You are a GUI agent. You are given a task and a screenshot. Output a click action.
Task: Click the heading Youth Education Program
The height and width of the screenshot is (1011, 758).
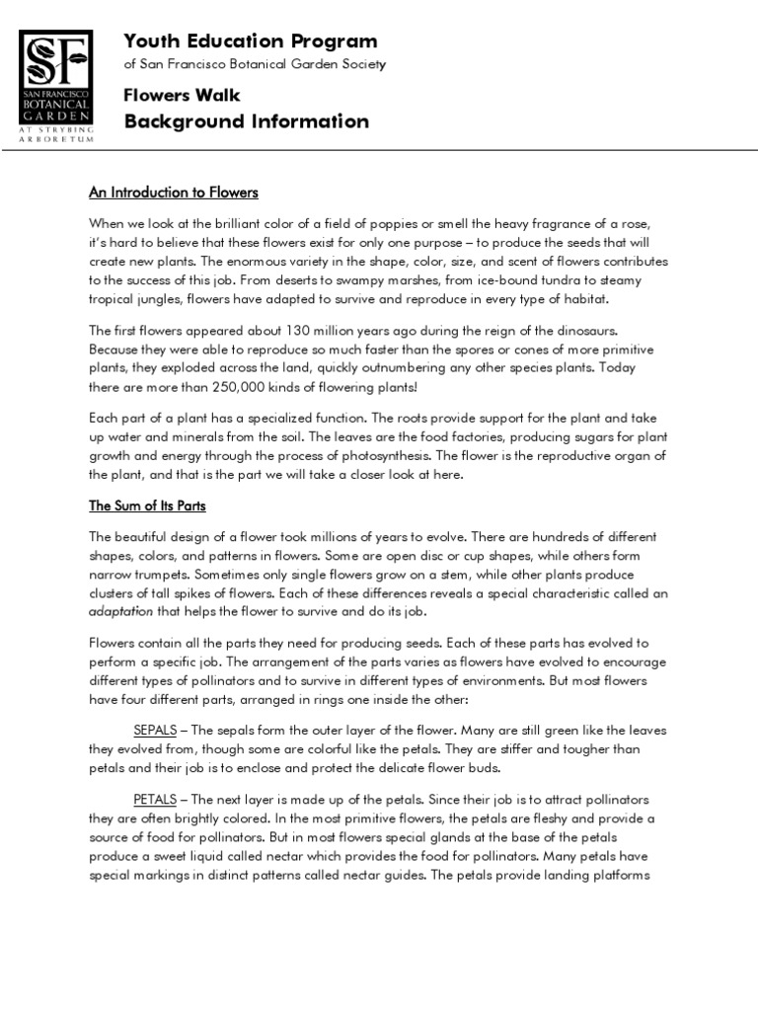[x=251, y=41]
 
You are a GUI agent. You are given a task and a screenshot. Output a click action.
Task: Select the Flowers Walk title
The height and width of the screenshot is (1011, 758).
[x=182, y=96]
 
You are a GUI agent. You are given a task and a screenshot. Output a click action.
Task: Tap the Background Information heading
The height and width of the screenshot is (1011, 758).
[x=247, y=122]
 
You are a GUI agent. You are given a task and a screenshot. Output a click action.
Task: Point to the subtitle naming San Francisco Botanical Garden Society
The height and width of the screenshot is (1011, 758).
[x=255, y=65]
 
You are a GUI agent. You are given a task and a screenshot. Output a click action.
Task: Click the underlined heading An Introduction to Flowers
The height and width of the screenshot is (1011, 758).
[x=174, y=193]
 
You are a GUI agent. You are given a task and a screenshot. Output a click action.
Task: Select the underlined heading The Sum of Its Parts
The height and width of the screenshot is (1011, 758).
[x=147, y=506]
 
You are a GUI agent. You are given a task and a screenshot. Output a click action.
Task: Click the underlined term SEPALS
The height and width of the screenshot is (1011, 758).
[x=155, y=730]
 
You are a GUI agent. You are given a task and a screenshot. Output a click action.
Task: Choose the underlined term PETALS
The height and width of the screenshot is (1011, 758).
[x=155, y=799]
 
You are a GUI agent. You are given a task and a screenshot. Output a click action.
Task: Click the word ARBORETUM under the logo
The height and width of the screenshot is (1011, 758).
[x=56, y=139]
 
